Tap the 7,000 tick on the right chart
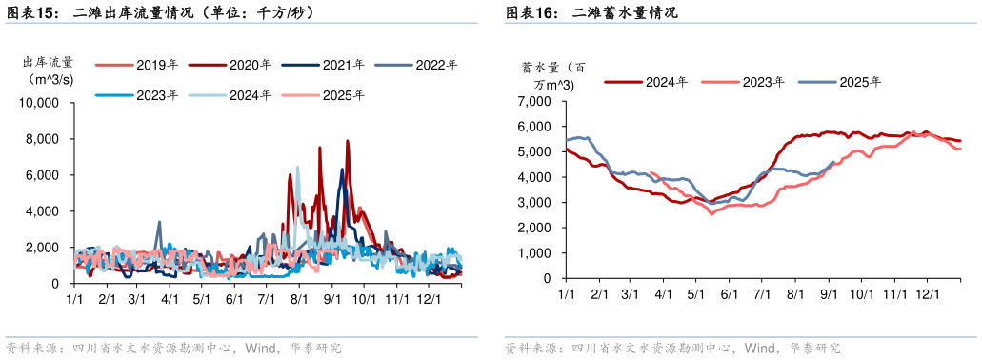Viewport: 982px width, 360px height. click(534, 101)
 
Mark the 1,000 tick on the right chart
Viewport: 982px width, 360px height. click(534, 254)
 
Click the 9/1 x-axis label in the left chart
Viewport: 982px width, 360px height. click(332, 299)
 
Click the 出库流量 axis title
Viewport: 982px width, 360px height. click(48, 64)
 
